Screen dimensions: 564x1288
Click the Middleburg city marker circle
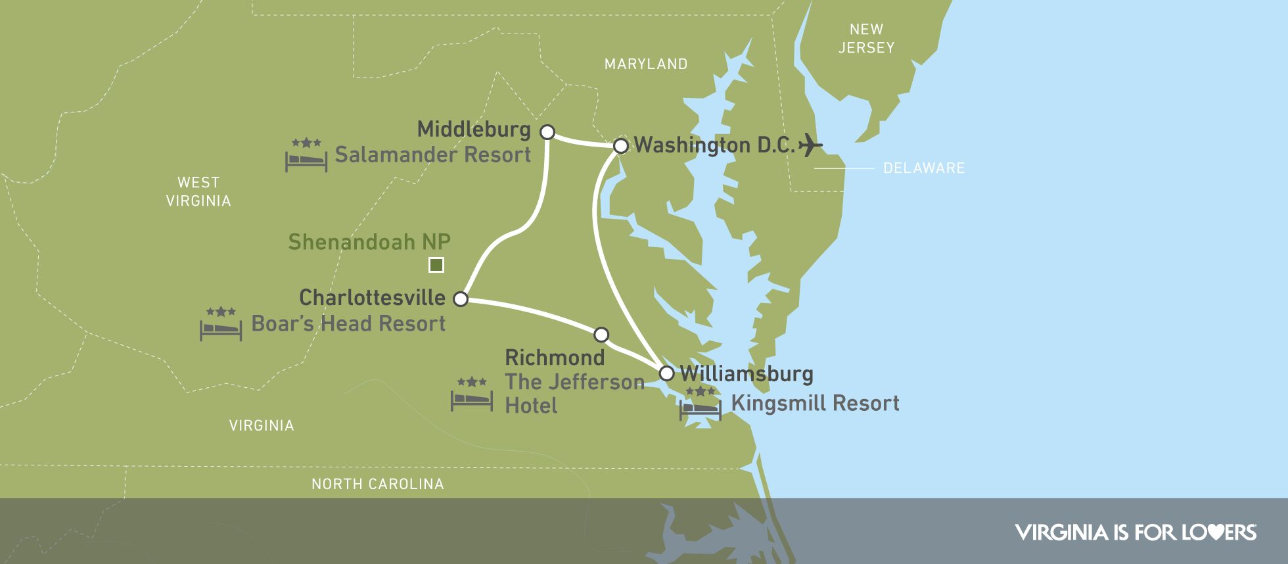pos(547,132)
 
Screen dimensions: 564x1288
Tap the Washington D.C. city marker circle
pos(621,146)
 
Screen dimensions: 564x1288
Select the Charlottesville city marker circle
pos(461,299)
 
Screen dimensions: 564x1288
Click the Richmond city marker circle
pos(601,335)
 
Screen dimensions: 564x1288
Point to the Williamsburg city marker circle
pos(666,373)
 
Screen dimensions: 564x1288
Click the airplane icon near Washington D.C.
pos(811,145)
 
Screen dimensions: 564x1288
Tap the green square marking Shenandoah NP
pos(436,265)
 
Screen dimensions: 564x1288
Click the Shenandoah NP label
pos(369,242)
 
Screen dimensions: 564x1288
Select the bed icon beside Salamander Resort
pos(306,156)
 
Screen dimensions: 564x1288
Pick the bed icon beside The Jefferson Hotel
pos(472,395)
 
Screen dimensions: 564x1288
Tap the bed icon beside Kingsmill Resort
pos(701,404)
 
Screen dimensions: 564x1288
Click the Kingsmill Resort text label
pos(815,403)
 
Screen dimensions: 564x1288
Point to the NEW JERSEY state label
pos(866,39)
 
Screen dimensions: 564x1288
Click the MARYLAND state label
pos(646,64)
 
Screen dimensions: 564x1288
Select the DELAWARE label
pos(924,168)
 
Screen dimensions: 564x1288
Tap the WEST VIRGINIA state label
pos(198,192)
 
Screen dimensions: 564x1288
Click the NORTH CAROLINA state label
pos(378,484)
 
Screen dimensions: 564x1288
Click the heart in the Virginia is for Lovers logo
pos(1215,532)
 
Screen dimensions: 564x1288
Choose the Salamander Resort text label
pos(432,155)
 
